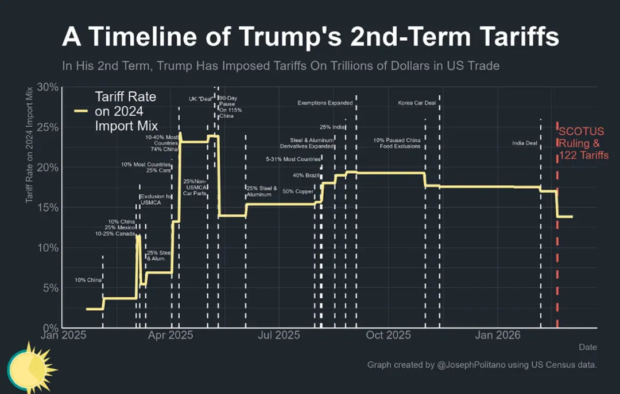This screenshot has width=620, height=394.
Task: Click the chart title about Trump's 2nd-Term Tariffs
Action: pyautogui.click(x=310, y=37)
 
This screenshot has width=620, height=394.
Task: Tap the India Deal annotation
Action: pyautogui.click(x=525, y=143)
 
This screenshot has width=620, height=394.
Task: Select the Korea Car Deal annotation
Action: pyautogui.click(x=417, y=103)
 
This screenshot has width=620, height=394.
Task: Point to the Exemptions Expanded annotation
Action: pyautogui.click(x=325, y=103)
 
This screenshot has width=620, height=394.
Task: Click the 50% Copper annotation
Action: pyautogui.click(x=297, y=192)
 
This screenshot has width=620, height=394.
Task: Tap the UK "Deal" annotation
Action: pyautogui.click(x=201, y=99)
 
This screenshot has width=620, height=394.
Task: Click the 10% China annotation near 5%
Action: pyautogui.click(x=88, y=280)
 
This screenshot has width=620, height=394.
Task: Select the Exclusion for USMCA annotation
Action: pyautogui.click(x=156, y=200)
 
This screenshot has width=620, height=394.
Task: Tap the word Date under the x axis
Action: pyautogui.click(x=587, y=347)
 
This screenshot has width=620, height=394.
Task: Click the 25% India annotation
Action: pyautogui.click(x=332, y=127)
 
